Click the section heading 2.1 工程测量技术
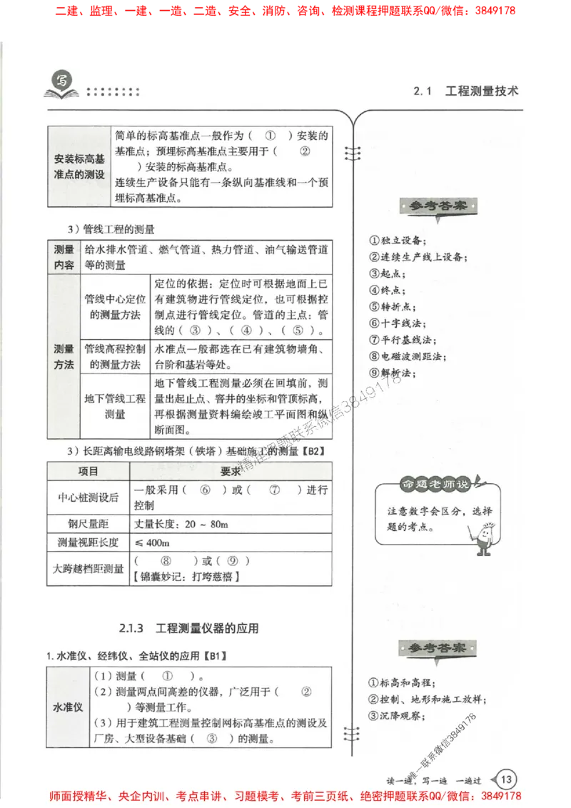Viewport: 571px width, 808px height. coord(465,91)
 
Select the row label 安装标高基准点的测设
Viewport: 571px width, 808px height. coord(79,166)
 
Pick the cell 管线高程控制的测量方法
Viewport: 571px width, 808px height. coord(115,356)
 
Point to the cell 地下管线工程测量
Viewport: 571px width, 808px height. coord(115,405)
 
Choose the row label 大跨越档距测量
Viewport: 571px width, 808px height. coord(88,569)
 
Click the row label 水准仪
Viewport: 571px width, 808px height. coord(69,707)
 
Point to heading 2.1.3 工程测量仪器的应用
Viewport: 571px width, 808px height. coord(188,629)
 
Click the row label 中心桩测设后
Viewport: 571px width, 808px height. coord(88,498)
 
